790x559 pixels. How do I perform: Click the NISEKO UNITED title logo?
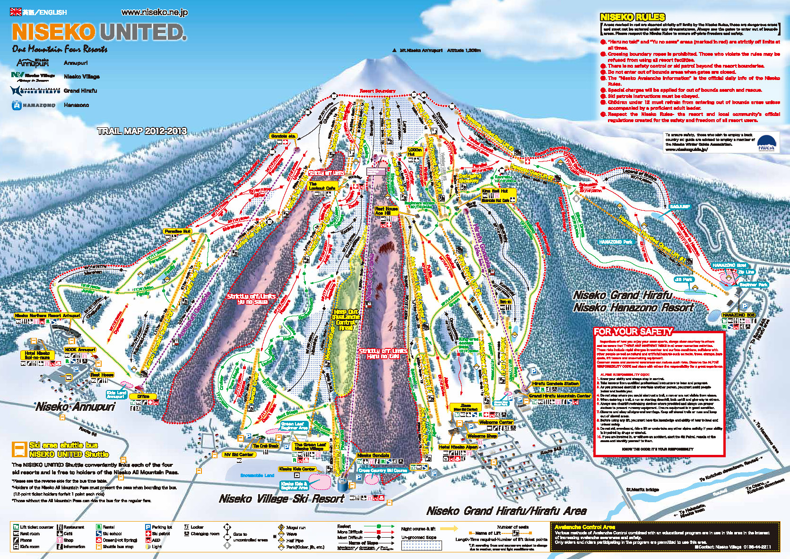[99, 32]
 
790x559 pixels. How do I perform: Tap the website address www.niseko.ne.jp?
[155, 12]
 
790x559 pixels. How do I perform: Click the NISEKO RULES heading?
[632, 17]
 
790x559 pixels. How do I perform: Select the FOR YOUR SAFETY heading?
[633, 331]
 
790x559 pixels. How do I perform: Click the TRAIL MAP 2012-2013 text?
[142, 131]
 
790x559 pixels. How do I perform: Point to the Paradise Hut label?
[177, 231]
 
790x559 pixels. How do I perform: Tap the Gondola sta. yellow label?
[283, 136]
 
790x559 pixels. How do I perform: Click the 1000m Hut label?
[414, 152]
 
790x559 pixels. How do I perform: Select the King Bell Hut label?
[495, 191]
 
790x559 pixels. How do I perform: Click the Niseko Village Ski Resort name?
[282, 498]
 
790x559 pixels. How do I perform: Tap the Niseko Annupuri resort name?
[76, 407]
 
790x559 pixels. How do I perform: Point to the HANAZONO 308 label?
[738, 315]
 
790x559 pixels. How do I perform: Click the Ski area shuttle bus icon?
[19, 449]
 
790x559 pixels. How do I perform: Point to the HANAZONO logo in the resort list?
[34, 105]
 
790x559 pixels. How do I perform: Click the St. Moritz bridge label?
[642, 489]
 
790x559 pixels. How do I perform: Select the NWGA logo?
[766, 142]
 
